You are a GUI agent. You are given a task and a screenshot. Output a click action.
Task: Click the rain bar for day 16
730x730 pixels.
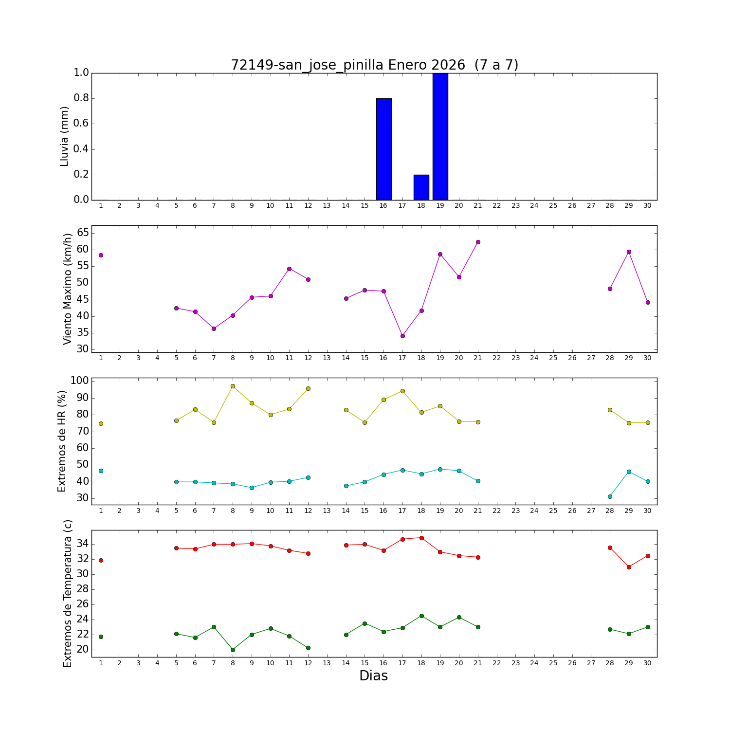[x=383, y=149]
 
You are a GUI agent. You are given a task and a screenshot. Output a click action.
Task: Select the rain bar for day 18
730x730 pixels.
[x=421, y=187]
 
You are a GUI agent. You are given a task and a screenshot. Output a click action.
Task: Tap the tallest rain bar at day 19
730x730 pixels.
[x=440, y=136]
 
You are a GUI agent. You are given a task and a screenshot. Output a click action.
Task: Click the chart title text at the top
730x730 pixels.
[x=374, y=65]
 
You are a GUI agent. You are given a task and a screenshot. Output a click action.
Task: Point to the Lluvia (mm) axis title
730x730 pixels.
[x=65, y=136]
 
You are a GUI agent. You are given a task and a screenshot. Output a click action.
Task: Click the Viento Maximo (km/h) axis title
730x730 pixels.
[x=68, y=289]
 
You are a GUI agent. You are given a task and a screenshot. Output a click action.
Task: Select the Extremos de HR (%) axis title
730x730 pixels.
[x=62, y=441]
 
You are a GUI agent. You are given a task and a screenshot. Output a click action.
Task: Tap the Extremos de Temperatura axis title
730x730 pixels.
[x=68, y=593]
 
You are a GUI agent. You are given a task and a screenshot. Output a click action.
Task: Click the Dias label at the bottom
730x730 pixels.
[x=373, y=676]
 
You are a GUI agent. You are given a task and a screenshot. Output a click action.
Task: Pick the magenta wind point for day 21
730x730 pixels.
[x=478, y=242]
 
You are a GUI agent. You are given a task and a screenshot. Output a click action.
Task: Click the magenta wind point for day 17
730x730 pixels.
[x=402, y=336]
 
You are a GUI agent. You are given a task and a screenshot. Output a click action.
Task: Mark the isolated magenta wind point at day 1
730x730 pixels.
[x=101, y=255]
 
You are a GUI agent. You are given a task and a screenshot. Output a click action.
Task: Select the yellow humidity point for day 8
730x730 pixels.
[x=233, y=386]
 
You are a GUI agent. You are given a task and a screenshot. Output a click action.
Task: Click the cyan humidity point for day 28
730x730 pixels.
[x=610, y=496]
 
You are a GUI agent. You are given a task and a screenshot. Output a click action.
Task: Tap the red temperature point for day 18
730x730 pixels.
[x=421, y=538]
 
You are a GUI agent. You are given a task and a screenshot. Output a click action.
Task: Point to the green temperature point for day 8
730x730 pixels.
[x=233, y=650]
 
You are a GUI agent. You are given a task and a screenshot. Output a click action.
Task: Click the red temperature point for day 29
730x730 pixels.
[x=629, y=567]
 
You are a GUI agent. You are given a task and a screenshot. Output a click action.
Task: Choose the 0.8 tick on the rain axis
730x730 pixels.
[x=81, y=98]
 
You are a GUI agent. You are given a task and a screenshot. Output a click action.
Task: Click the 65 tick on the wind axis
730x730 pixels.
[x=83, y=233]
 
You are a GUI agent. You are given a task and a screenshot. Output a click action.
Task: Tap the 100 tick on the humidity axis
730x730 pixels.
[x=80, y=381]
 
